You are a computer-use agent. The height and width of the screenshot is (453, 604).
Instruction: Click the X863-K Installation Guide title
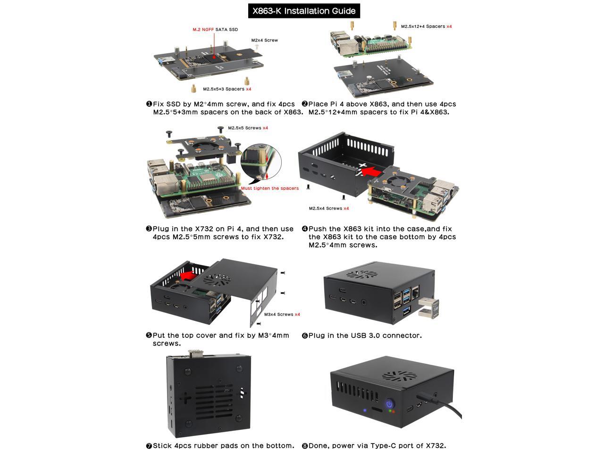click(x=304, y=11)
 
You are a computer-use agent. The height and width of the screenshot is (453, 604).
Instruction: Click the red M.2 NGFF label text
click(x=203, y=30)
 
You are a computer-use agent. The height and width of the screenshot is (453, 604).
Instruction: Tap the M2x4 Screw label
click(x=264, y=41)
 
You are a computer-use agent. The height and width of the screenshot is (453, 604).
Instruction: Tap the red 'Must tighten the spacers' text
click(x=269, y=188)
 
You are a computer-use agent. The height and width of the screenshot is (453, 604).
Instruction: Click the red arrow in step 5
click(x=192, y=274)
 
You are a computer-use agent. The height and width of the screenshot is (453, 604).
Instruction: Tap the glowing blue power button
click(x=390, y=404)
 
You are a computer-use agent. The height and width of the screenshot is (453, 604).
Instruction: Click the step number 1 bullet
click(x=149, y=104)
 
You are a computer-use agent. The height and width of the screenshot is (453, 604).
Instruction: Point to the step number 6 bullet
click(x=305, y=336)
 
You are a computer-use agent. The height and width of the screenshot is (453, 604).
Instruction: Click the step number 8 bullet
click(x=305, y=446)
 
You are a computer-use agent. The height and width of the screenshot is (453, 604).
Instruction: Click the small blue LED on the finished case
click(x=365, y=410)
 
